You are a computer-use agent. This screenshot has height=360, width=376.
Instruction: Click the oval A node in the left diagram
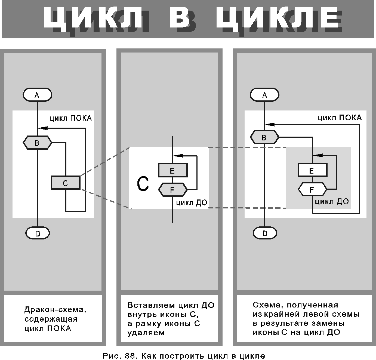(38, 95)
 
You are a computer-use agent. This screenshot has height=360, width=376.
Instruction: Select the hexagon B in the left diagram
(38, 143)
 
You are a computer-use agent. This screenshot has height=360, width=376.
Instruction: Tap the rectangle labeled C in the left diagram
(66, 182)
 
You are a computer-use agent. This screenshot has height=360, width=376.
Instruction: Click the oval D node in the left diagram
(38, 233)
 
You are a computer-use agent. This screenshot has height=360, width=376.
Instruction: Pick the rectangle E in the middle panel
(173, 170)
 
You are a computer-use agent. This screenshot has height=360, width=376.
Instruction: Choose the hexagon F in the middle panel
(173, 190)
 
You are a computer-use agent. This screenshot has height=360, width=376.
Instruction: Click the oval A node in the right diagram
(264, 95)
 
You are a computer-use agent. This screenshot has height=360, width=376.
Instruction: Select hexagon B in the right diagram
(264, 137)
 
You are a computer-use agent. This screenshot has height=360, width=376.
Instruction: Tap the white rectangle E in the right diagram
(313, 170)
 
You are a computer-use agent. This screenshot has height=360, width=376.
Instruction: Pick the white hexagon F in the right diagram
(313, 189)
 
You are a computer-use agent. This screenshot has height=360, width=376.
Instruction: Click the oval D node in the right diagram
(265, 233)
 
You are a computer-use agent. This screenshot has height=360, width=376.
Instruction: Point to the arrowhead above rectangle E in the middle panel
(178, 156)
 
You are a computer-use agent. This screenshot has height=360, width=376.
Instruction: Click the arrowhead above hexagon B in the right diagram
(270, 125)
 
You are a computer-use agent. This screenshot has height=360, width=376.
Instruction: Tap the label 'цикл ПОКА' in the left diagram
(71, 118)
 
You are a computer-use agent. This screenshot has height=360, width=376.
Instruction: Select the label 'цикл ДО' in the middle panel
(192, 203)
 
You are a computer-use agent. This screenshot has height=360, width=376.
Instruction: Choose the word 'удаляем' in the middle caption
(146, 333)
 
